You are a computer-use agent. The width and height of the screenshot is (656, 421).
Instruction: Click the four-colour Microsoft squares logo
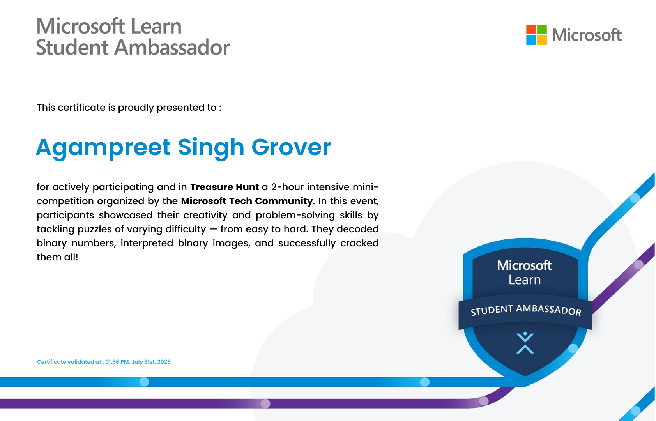click(x=536, y=35)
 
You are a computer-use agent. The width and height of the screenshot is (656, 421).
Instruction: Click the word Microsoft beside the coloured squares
click(x=587, y=35)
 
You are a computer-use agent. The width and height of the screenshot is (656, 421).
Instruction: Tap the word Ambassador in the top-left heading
click(x=172, y=47)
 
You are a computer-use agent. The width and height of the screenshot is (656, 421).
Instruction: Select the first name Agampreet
click(x=103, y=148)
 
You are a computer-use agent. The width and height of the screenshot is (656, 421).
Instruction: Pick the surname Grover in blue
click(x=291, y=147)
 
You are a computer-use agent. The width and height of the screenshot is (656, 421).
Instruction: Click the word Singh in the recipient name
click(x=211, y=148)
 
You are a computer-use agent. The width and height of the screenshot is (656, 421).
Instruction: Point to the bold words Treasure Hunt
click(x=225, y=187)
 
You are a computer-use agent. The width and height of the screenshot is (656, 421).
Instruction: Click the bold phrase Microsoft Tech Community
click(x=247, y=201)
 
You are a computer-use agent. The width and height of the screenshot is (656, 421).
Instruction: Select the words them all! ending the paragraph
click(x=57, y=257)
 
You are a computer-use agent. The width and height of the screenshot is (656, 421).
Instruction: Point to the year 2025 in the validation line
click(x=164, y=362)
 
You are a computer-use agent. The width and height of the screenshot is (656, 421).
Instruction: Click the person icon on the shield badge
click(x=525, y=343)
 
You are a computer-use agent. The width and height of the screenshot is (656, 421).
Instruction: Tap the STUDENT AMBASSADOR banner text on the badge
click(x=526, y=310)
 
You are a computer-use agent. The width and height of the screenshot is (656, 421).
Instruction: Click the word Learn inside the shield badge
click(x=525, y=280)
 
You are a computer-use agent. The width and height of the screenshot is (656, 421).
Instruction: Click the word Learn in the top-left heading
click(x=156, y=26)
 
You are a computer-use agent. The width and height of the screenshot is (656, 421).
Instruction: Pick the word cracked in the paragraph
click(x=359, y=243)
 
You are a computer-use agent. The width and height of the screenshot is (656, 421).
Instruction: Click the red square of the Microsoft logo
click(x=531, y=29)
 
